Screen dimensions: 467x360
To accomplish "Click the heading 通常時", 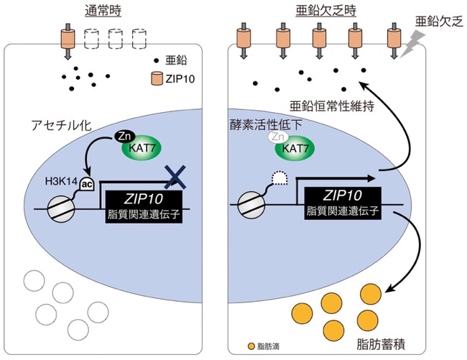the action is point(103,11).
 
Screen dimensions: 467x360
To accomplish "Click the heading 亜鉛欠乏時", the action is point(326,11).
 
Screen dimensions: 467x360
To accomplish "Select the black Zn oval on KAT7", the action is point(125,137).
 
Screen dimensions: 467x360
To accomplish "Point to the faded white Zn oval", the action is point(278,137).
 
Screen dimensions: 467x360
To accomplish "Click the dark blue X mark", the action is point(176,177).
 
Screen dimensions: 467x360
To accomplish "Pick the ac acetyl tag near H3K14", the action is point(87,185).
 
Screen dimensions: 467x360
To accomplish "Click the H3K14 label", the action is point(61,181).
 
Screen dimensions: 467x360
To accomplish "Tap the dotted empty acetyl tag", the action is point(279,179).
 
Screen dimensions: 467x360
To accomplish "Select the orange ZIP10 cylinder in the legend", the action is point(157,78).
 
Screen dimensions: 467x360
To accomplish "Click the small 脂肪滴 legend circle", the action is point(251,346).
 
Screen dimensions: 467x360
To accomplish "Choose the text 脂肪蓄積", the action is point(381,344).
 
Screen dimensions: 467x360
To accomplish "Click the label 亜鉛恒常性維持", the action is point(332,106).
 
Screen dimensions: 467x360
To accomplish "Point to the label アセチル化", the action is point(61,125).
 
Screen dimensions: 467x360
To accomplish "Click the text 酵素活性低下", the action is point(266,125).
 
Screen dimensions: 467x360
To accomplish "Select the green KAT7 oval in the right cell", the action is point(295,148).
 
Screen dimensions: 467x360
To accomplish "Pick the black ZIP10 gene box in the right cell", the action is point(343,203).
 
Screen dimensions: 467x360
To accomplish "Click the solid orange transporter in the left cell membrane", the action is point(68,39).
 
